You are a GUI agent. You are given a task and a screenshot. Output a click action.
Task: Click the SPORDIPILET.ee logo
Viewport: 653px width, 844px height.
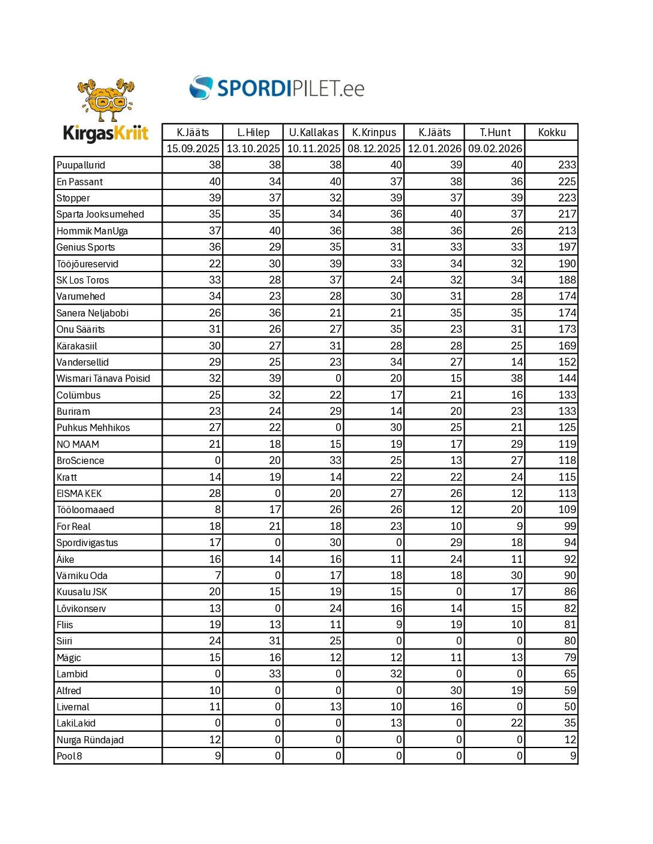coord(277,88)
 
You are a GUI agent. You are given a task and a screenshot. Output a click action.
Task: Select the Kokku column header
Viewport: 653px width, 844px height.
coord(552,132)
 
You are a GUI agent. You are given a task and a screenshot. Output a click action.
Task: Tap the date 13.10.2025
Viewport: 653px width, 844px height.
coord(253,149)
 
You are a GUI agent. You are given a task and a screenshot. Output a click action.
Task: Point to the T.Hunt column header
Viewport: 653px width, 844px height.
coord(495,132)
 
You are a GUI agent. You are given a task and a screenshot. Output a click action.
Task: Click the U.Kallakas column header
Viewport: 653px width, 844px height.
coord(313,132)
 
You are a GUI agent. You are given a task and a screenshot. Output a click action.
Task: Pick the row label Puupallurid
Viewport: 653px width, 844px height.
coord(80,165)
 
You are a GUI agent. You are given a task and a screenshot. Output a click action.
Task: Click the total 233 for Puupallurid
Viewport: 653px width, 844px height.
coord(567,165)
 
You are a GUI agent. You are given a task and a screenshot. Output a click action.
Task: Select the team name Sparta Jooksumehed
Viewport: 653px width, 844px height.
coord(100,215)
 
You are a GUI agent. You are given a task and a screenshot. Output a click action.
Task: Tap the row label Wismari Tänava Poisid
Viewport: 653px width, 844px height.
coord(103,379)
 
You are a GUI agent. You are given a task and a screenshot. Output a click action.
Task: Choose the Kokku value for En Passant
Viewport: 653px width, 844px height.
coord(567,182)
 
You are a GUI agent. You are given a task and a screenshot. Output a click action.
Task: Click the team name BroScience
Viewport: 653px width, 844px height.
coord(80,461)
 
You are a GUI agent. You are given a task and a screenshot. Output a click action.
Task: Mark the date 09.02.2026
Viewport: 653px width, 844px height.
coord(495,149)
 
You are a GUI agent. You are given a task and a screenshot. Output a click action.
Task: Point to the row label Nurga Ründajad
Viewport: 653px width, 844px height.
coord(89,740)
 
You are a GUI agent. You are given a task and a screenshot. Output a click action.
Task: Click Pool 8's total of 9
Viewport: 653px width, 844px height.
coord(573,756)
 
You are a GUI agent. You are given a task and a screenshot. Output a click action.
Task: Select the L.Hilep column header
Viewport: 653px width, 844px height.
coord(253,132)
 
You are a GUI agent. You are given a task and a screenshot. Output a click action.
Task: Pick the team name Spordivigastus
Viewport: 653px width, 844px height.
coord(86,543)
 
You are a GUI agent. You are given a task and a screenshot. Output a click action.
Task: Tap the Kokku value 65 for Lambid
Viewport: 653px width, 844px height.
coord(570,674)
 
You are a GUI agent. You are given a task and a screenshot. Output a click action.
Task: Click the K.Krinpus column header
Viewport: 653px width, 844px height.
coord(374,132)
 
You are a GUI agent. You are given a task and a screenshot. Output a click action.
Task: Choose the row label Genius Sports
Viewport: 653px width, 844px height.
coord(85,248)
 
